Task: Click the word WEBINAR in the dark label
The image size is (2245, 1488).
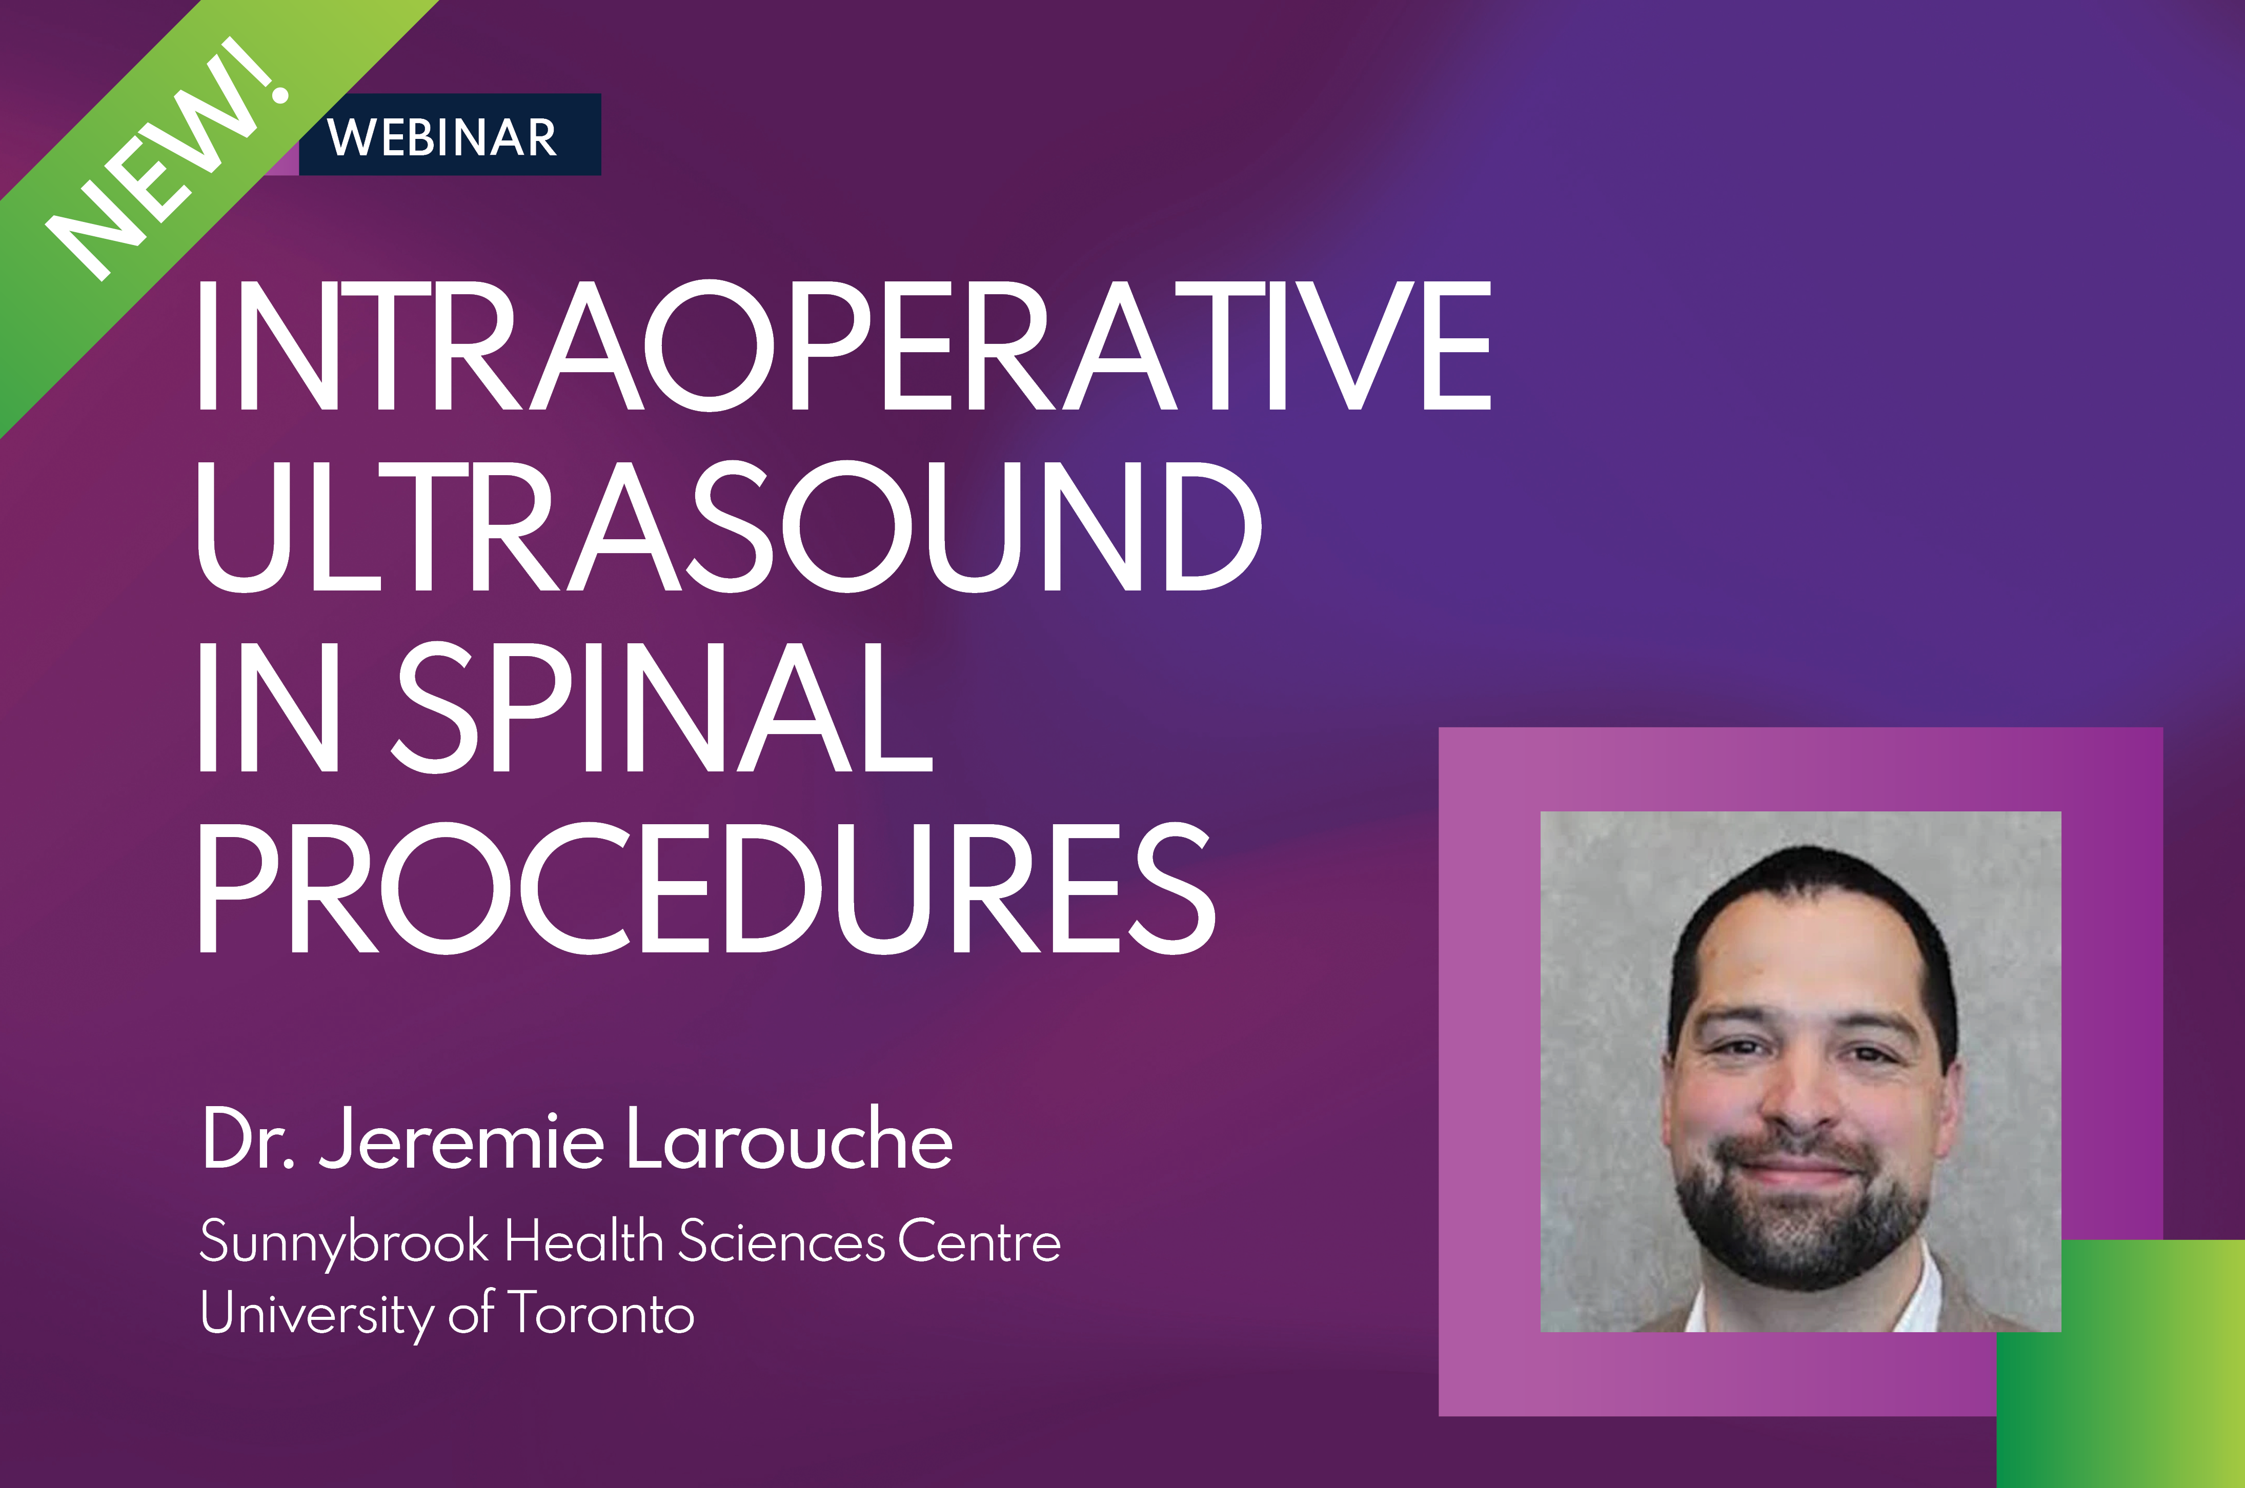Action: tap(442, 137)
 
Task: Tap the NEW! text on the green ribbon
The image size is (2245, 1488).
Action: tap(169, 159)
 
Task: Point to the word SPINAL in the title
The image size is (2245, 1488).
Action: tap(662, 707)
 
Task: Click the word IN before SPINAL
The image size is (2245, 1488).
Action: tap(268, 707)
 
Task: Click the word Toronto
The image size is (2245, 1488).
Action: tap(601, 1312)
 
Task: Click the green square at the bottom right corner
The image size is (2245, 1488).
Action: tap(2120, 1363)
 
